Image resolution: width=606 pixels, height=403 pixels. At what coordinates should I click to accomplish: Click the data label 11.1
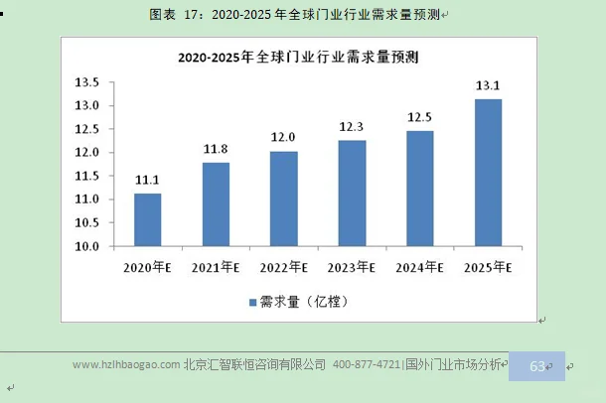(x=148, y=180)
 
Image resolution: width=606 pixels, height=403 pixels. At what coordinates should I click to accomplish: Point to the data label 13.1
(x=488, y=85)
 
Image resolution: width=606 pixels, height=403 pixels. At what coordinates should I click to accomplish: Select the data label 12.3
(x=352, y=126)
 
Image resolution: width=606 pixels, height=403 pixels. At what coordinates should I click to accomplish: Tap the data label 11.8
(x=216, y=149)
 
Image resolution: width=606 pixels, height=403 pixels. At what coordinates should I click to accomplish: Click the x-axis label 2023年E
(x=352, y=267)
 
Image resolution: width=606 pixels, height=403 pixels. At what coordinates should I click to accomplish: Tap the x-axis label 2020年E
(x=148, y=267)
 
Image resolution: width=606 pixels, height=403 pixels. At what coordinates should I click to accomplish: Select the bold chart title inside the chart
(x=297, y=58)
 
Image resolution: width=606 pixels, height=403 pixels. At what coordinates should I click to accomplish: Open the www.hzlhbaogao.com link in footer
(x=126, y=365)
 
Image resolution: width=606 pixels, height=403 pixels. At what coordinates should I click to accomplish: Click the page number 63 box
(x=536, y=366)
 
